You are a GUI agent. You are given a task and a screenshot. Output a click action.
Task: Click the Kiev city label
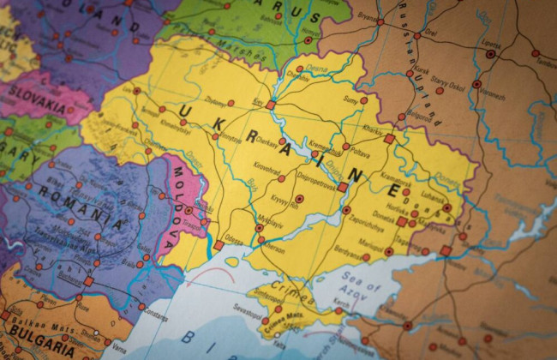pyautogui.click(x=257, y=100)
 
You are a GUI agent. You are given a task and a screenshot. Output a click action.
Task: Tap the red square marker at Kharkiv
pyautogui.click(x=390, y=138)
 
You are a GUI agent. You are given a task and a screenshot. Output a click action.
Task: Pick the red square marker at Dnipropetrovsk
pyautogui.click(x=342, y=186)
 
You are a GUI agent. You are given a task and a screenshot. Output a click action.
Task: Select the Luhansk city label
pyautogui.click(x=433, y=196)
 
